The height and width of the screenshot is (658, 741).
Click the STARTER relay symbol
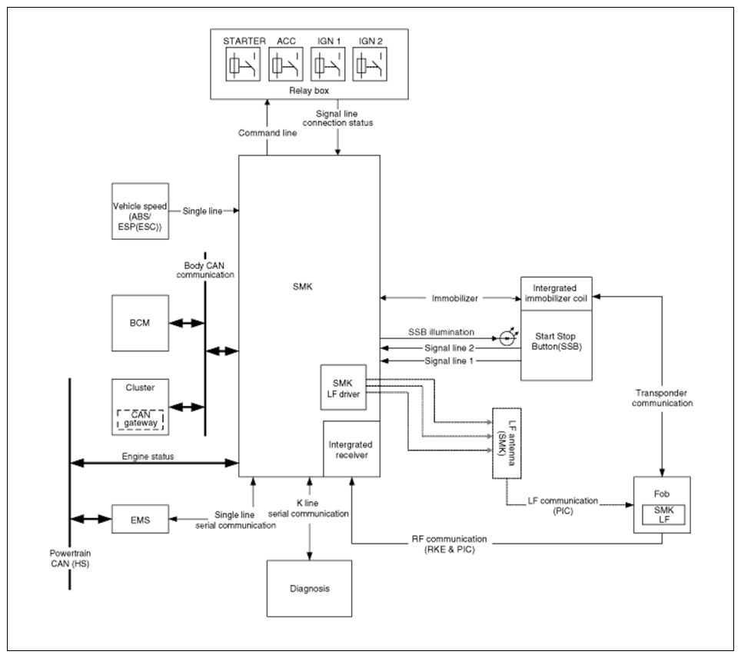tap(243, 64)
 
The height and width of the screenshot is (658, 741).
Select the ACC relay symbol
tap(286, 64)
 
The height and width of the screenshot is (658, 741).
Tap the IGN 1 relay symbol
tap(328, 64)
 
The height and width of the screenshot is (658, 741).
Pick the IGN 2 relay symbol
tap(370, 64)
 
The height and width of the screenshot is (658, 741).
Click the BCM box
tap(141, 324)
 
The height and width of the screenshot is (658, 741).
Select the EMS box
tap(141, 519)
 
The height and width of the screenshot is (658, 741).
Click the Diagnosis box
tap(310, 589)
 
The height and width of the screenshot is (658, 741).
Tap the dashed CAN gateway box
tap(141, 420)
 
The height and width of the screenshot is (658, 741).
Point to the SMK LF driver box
tap(344, 387)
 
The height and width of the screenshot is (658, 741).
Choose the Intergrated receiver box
tap(351, 449)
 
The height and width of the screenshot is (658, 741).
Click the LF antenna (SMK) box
tap(507, 444)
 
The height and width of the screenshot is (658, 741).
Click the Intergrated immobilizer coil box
tap(557, 294)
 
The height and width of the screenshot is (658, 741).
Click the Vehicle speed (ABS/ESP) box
tap(141, 211)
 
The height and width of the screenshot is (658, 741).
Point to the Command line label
tap(267, 133)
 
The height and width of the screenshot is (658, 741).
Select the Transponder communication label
tap(662, 398)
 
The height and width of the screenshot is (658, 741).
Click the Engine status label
tap(148, 456)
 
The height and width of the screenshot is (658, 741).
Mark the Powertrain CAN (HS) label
tap(70, 558)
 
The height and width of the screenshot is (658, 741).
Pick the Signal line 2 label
tap(449, 348)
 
